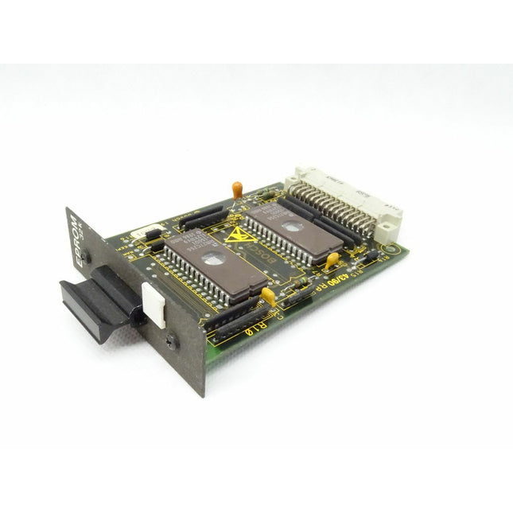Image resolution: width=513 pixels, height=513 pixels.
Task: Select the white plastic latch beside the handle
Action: [x=154, y=304]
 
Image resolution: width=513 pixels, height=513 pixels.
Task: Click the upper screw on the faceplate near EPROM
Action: [x=87, y=258]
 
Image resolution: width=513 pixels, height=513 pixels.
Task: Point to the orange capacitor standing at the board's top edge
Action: [x=237, y=188]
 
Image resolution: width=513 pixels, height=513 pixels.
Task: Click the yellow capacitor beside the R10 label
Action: [x=268, y=296]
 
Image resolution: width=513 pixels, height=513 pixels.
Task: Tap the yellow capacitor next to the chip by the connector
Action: [x=332, y=258]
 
